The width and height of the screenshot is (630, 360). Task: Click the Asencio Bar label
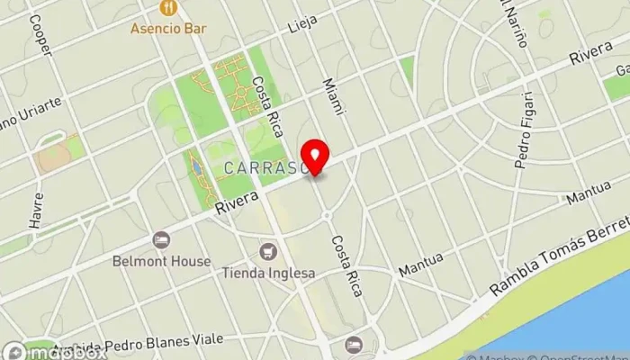[168, 28]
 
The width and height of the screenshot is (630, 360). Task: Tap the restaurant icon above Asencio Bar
[168, 8]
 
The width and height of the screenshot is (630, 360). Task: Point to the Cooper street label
[40, 34]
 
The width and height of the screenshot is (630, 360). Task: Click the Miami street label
[333, 94]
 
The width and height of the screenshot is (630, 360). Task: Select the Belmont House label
[162, 261]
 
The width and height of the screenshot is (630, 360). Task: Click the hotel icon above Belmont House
[161, 240]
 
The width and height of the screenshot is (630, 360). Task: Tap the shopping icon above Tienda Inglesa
[267, 252]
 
